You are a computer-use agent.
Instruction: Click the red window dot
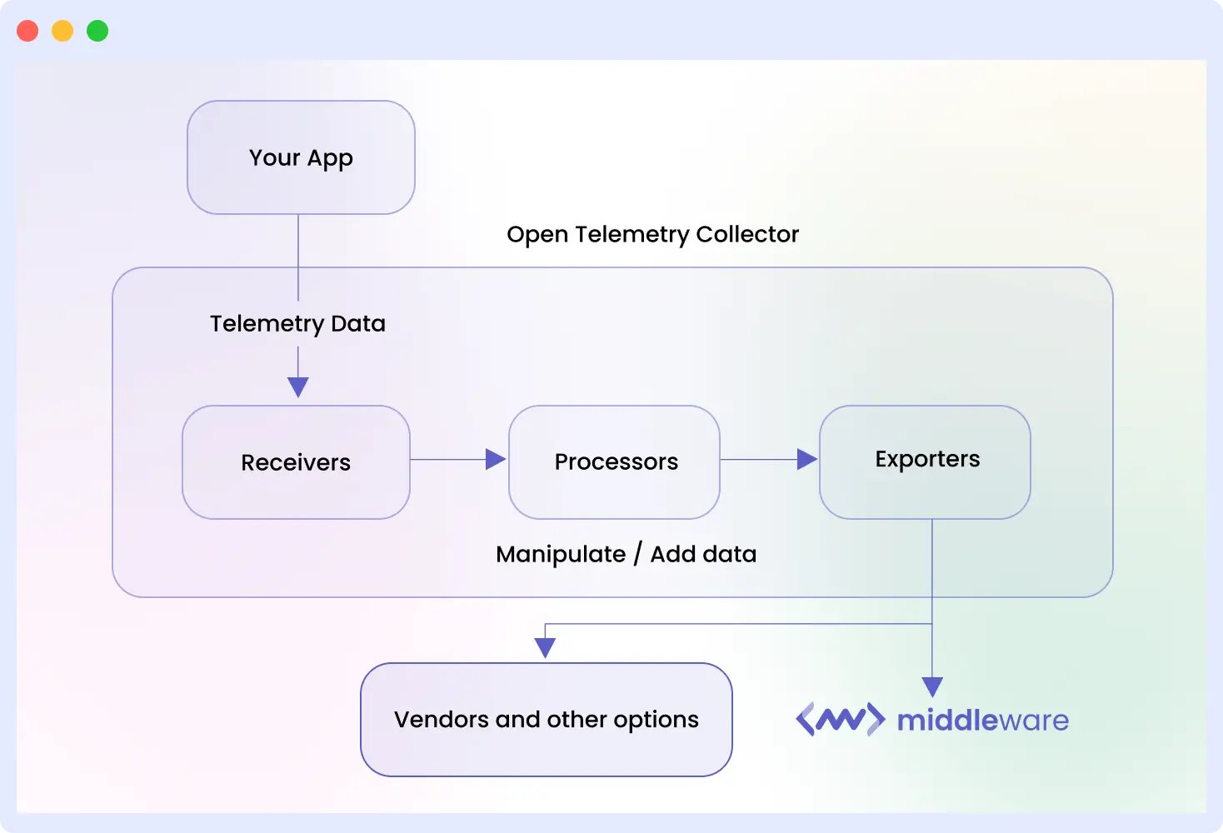(x=27, y=31)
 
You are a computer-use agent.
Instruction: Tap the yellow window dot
(x=62, y=31)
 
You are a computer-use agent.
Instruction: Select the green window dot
(x=97, y=31)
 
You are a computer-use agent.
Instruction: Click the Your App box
(x=301, y=157)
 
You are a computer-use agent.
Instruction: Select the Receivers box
(x=296, y=462)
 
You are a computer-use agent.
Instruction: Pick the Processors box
(x=615, y=462)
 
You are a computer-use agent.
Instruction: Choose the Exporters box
(x=925, y=461)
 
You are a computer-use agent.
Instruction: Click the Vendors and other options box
(x=546, y=719)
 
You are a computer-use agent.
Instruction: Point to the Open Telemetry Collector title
(x=652, y=234)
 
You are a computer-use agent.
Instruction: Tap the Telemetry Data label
(x=297, y=323)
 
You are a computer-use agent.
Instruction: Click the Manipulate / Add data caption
(x=626, y=554)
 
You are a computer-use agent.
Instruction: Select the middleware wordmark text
(x=982, y=720)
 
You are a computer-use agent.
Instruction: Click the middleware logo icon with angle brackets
(x=840, y=719)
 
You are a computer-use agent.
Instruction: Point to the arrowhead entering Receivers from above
(x=298, y=387)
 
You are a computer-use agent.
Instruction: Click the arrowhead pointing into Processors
(x=496, y=459)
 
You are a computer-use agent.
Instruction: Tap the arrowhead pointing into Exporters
(x=806, y=459)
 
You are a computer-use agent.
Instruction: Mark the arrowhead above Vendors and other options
(x=545, y=647)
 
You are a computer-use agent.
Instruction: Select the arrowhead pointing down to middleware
(x=932, y=686)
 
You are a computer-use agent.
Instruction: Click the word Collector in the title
(x=747, y=234)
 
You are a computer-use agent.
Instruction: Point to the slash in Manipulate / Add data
(x=637, y=554)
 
